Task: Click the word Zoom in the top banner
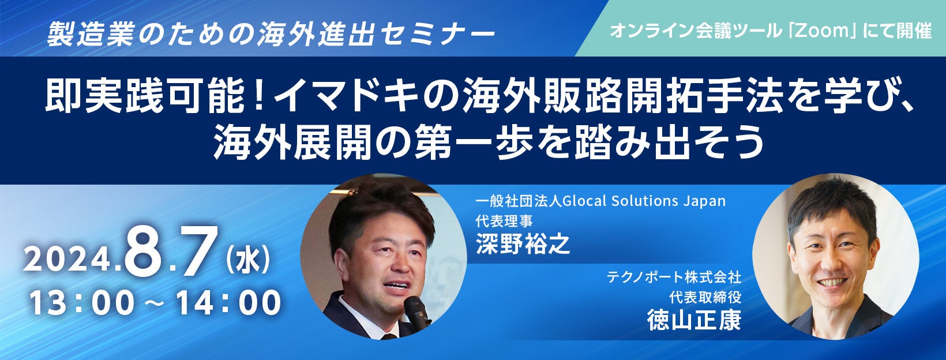[821, 31]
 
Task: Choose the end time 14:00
[228, 302]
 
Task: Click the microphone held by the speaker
[416, 313]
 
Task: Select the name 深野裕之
[523, 244]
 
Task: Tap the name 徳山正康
[695, 321]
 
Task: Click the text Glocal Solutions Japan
[644, 201]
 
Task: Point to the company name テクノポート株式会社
[674, 277]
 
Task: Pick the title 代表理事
[504, 221]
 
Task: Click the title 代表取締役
[705, 298]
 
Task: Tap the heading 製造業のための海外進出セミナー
[271, 33]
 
